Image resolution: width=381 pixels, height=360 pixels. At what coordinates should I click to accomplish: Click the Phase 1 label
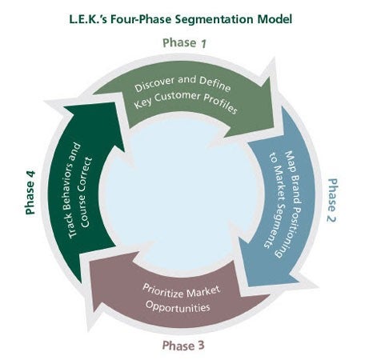coord(184,43)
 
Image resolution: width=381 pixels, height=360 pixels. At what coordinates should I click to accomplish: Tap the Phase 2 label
coord(332,200)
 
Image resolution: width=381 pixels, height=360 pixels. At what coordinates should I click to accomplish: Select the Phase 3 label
coord(183,346)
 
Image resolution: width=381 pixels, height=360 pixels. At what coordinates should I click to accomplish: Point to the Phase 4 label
coord(30,193)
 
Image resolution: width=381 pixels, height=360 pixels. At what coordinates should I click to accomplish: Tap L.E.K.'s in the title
coord(88,19)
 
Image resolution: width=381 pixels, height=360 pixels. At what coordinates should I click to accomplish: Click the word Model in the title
coord(275,19)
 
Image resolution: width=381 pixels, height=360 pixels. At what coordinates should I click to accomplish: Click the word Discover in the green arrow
coord(154,84)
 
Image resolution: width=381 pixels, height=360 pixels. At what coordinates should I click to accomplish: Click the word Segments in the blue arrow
coord(275,224)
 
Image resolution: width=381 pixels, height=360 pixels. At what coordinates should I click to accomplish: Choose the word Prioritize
coord(162,290)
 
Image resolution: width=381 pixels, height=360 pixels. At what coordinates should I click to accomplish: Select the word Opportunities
coord(178,306)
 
